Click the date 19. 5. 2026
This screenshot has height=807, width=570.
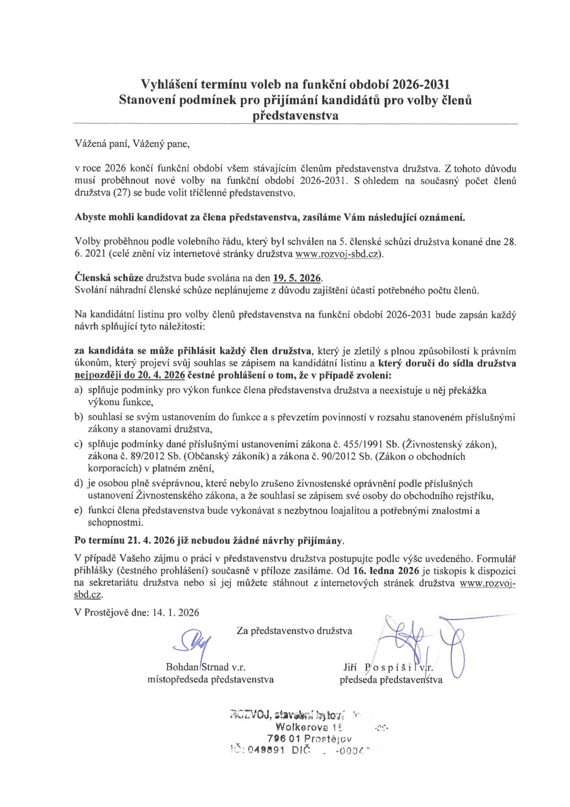pyautogui.click(x=297, y=278)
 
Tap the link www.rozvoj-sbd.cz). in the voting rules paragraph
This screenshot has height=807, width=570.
pyautogui.click(x=339, y=254)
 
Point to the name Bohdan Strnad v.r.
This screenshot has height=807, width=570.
pyautogui.click(x=205, y=667)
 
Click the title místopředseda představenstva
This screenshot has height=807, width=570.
pyautogui.click(x=211, y=679)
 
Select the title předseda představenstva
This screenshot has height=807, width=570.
pyautogui.click(x=391, y=679)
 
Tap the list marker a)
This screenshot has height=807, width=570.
pyautogui.click(x=79, y=390)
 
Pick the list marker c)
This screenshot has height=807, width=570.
pyautogui.click(x=79, y=444)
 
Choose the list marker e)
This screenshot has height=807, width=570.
pyautogui.click(x=79, y=511)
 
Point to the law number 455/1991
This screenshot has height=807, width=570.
pyautogui.click(x=357, y=444)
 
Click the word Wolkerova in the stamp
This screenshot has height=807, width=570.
pyautogui.click(x=305, y=727)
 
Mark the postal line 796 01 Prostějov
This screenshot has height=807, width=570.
pyautogui.click(x=310, y=738)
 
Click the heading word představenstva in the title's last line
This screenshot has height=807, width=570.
pyautogui.click(x=296, y=116)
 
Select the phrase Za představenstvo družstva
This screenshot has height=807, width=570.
pyautogui.click(x=294, y=631)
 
